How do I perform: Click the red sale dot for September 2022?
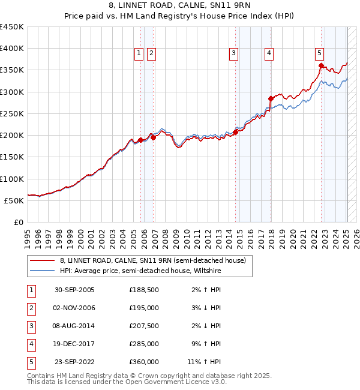tap(322, 66)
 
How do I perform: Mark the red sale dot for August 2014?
tap(235, 132)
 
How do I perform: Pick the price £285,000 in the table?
tap(144, 344)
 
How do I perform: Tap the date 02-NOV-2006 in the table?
tap(75, 308)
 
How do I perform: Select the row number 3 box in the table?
tap(31, 326)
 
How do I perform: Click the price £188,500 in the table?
tap(144, 290)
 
